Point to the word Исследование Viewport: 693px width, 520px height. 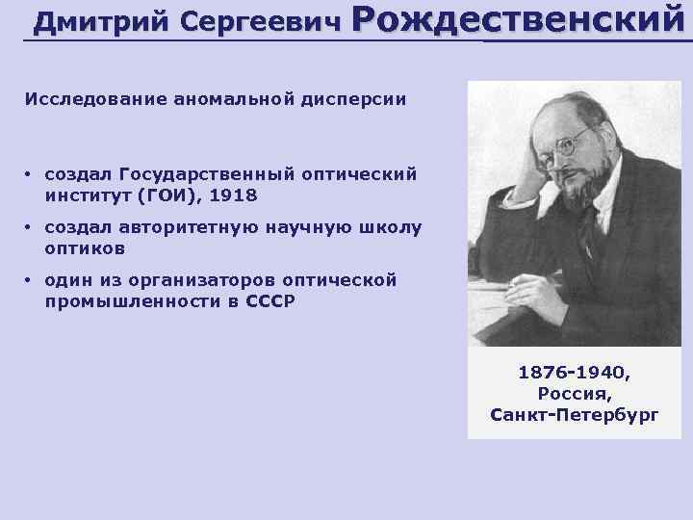pos(82,98)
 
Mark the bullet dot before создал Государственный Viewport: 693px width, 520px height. pos(30,174)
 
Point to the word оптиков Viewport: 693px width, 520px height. pos(85,247)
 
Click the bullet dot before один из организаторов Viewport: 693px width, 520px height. pos(30,281)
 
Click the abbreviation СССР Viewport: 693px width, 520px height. pos(270,300)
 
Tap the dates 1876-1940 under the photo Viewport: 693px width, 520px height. pos(575,373)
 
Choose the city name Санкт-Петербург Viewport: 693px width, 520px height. pos(575,415)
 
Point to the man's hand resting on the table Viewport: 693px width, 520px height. pos(525,287)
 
